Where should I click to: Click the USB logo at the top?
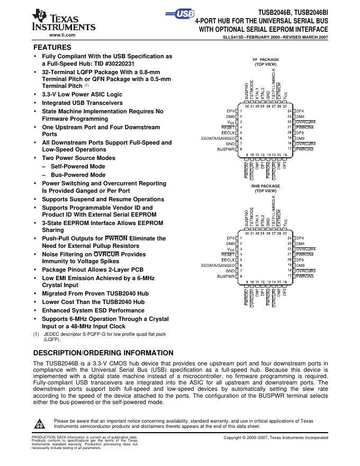(183, 14)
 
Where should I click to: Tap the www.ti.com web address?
(62, 34)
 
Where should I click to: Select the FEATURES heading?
(53, 47)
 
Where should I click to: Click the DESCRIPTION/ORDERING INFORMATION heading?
(103, 353)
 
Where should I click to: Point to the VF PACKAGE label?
(265, 60)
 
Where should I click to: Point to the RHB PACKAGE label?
(265, 186)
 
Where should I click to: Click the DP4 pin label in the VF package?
(300, 111)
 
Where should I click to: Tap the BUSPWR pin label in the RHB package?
(226, 276)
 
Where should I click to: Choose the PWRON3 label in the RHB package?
(305, 276)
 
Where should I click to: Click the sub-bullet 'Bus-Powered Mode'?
(78, 175)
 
